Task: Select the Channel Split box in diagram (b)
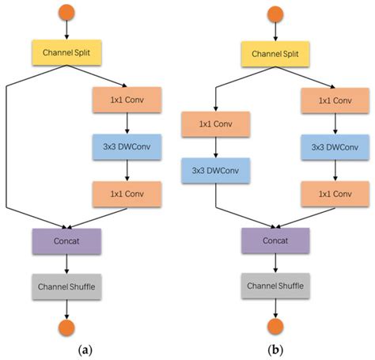pos(273,55)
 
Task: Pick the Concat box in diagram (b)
pos(273,240)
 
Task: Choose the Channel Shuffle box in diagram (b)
pos(273,285)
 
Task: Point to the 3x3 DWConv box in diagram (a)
pos(127,146)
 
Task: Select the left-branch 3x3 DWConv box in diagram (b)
pos(216,170)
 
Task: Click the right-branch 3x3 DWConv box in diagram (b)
pos(335,146)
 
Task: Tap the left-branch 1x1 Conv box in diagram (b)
pos(216,123)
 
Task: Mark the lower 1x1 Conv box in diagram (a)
pos(127,192)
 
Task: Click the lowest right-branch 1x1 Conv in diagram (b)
pos(335,192)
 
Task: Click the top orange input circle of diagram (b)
pos(273,14)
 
